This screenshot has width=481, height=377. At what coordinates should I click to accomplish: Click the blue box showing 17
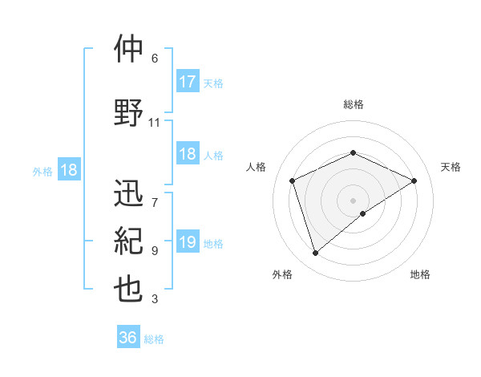pos(188,82)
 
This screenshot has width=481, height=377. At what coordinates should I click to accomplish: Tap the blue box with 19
pos(188,242)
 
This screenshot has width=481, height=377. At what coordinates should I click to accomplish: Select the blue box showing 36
pos(128,338)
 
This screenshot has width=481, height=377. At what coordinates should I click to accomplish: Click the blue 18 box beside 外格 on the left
pos(68,170)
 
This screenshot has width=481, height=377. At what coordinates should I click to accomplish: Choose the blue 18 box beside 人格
pos(188,154)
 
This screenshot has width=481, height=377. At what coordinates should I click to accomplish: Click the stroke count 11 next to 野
pos(155,123)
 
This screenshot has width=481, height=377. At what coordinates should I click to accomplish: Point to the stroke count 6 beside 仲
pos(155,59)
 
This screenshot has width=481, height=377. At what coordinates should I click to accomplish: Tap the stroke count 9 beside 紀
pos(155,251)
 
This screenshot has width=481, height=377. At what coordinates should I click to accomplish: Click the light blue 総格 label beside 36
pos(154,339)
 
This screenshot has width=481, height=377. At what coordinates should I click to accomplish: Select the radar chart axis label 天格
pos(451,167)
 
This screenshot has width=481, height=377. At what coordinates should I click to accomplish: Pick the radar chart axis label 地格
pos(420,274)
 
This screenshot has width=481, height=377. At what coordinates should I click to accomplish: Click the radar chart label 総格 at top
pos(353,104)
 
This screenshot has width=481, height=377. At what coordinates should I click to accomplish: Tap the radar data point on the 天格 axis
pos(414,180)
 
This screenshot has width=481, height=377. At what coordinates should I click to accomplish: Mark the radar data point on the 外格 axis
pos(315,253)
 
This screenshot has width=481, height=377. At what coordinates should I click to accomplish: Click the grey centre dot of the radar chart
pos(353,200)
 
